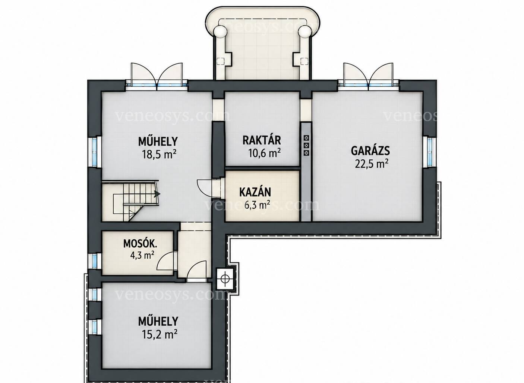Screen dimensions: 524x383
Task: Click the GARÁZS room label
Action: tap(370, 151)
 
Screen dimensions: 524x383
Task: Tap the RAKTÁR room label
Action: tap(262, 140)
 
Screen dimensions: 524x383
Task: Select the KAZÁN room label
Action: tap(255, 192)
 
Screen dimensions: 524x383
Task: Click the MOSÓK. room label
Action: tap(140, 244)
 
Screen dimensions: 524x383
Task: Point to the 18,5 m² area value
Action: tap(159, 154)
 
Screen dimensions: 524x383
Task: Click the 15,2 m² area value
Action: tap(160, 334)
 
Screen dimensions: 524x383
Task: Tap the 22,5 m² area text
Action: tap(372, 163)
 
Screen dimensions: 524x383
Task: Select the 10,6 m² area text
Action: tap(264, 153)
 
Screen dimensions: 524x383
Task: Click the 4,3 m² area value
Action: tap(142, 255)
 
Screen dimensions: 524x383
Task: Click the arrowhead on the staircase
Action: tap(157, 194)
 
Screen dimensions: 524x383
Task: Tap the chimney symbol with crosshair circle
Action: tap(225, 278)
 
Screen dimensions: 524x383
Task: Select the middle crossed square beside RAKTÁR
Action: tap(306, 146)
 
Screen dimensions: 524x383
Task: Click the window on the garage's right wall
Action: tap(430, 151)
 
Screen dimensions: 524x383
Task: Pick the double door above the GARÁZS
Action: tap(368, 76)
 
